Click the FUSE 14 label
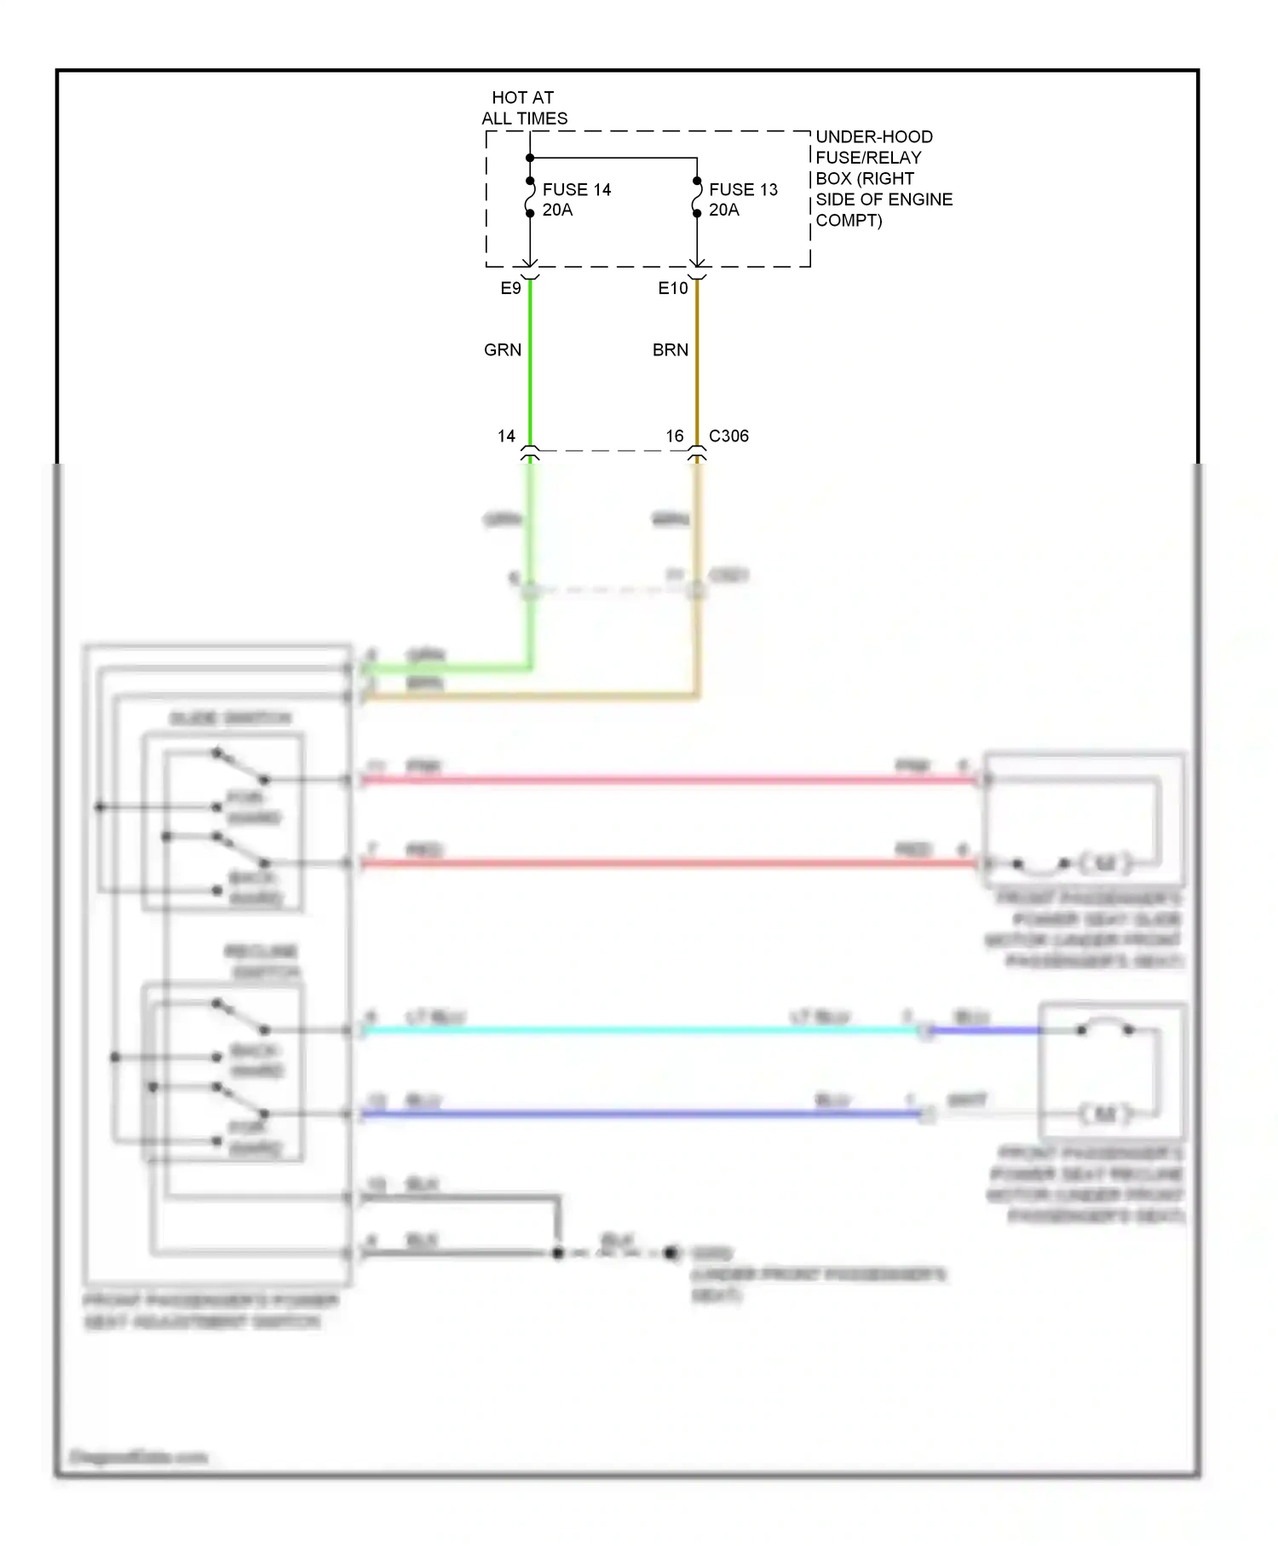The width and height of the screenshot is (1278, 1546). click(576, 189)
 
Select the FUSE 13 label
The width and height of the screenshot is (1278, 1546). click(743, 189)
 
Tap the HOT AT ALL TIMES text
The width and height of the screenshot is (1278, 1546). click(523, 108)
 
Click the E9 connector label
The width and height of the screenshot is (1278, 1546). click(510, 288)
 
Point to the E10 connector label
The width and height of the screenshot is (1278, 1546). click(672, 288)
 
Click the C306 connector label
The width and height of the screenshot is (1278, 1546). click(728, 436)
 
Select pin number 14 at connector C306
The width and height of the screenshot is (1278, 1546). click(506, 436)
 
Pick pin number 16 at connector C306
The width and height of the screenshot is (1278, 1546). click(674, 436)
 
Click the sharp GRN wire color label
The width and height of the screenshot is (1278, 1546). click(502, 349)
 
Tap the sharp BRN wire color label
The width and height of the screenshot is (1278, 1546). click(670, 349)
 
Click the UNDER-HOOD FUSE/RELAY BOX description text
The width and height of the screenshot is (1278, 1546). click(883, 178)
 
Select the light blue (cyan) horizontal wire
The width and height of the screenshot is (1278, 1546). click(639, 1030)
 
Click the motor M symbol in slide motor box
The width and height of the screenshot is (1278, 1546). click(1104, 863)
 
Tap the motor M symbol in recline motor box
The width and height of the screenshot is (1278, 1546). click(1104, 1113)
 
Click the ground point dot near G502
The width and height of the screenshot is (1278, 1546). click(671, 1252)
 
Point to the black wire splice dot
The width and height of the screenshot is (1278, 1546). click(558, 1253)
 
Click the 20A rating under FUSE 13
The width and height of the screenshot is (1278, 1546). click(723, 210)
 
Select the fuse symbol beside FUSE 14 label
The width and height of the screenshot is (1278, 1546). click(529, 197)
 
